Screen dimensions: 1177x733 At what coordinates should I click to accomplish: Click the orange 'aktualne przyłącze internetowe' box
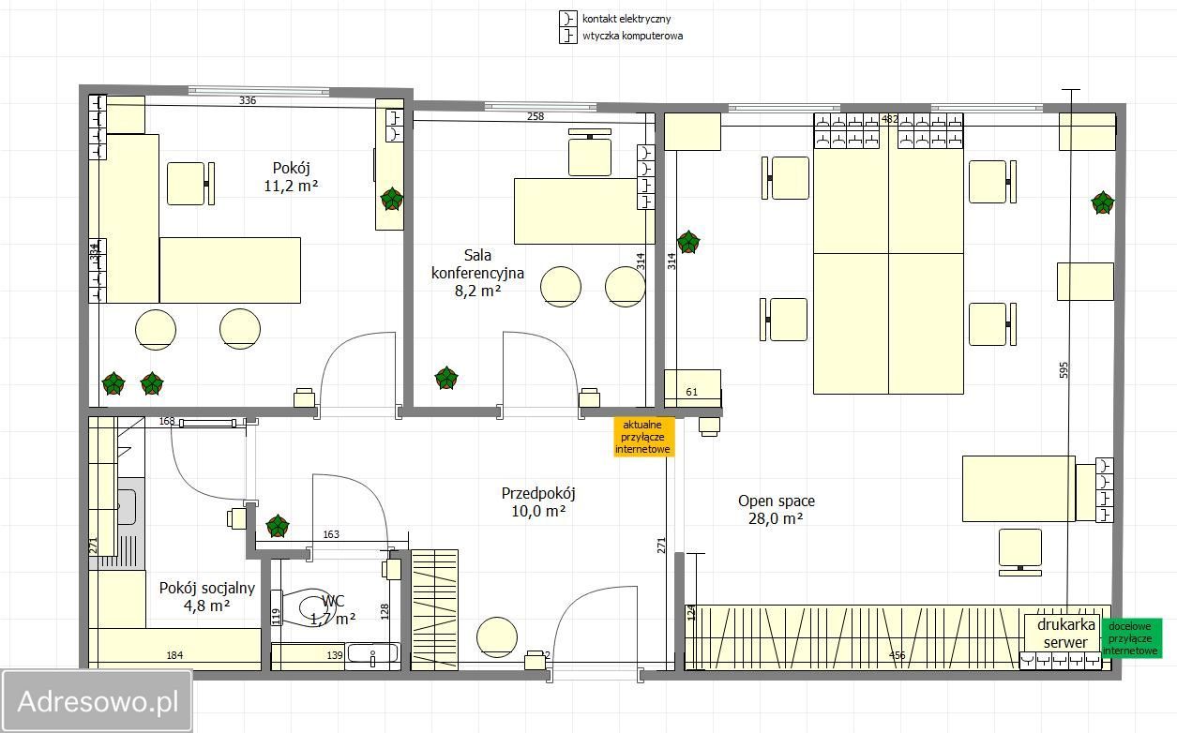[643, 437]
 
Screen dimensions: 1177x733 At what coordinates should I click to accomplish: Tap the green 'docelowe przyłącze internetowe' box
[1132, 638]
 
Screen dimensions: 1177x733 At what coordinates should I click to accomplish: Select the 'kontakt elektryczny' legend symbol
[567, 19]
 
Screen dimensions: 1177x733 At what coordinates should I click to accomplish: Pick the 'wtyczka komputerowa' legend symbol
[567, 36]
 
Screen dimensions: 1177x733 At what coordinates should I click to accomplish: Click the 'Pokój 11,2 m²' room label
[291, 177]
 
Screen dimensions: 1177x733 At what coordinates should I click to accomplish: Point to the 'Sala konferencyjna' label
[477, 264]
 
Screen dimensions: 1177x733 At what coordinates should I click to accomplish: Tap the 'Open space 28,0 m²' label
[777, 510]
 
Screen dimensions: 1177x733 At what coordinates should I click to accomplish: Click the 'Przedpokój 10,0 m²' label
[538, 502]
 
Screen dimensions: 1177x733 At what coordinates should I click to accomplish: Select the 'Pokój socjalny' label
[207, 588]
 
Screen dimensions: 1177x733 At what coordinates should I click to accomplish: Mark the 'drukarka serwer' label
[1065, 634]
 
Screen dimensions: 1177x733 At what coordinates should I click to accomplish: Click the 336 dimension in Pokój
[248, 100]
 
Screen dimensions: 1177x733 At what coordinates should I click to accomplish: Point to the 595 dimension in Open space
[1064, 369]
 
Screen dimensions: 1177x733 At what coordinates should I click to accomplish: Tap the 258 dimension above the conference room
[536, 116]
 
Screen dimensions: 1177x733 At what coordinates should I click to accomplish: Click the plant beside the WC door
[278, 526]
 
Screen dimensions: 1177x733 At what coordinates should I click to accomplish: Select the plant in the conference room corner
[446, 378]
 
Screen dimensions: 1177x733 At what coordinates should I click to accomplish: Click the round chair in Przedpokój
[496, 636]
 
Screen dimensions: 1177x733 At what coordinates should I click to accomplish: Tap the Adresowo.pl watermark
[98, 701]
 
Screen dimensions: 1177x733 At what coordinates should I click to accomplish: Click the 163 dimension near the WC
[331, 534]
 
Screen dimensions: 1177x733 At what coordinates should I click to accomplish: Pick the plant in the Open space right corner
[1102, 202]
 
